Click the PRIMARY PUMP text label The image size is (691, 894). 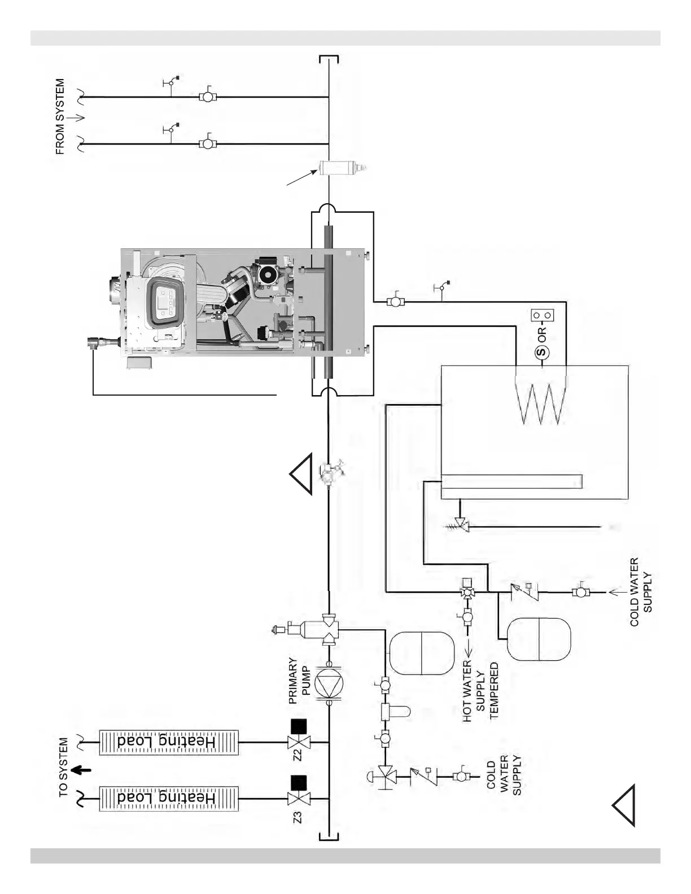300,681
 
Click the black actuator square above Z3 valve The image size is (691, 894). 298,783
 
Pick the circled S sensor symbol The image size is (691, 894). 541,353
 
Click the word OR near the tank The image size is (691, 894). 542,335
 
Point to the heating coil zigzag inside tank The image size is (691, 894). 541,401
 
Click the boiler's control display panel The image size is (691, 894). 164,302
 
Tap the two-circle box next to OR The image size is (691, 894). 541,314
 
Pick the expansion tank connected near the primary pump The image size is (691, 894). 421,653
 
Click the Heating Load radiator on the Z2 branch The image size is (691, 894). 169,743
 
